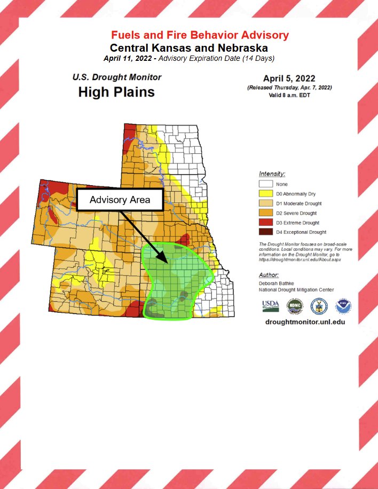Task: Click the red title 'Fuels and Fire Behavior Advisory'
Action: click(199, 35)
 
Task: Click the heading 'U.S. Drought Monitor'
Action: click(117, 77)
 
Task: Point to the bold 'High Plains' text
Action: click(116, 92)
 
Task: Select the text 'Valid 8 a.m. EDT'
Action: click(289, 95)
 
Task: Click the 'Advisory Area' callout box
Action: click(120, 200)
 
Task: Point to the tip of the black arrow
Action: click(168, 265)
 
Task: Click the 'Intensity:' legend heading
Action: click(272, 174)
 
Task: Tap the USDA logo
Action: click(270, 306)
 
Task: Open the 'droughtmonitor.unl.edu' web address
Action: click(301, 322)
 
